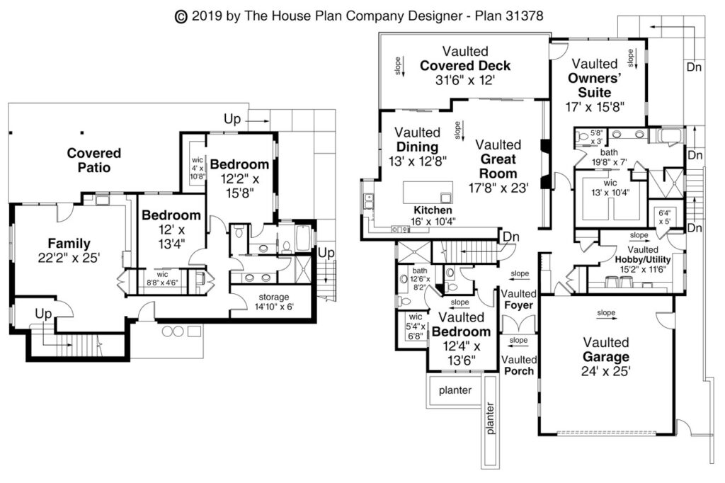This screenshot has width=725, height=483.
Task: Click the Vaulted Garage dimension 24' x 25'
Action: pos(606,370)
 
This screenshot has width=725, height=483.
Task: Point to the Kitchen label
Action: pos(433,210)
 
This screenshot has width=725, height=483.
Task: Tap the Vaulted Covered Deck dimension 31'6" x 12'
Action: pos(464,81)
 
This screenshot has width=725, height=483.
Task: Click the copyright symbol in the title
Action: pos(180,16)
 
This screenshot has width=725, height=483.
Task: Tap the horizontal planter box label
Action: pos(455,390)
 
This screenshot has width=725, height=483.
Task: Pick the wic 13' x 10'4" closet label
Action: pos(605,187)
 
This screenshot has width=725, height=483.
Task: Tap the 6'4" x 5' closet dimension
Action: pos(665,216)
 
